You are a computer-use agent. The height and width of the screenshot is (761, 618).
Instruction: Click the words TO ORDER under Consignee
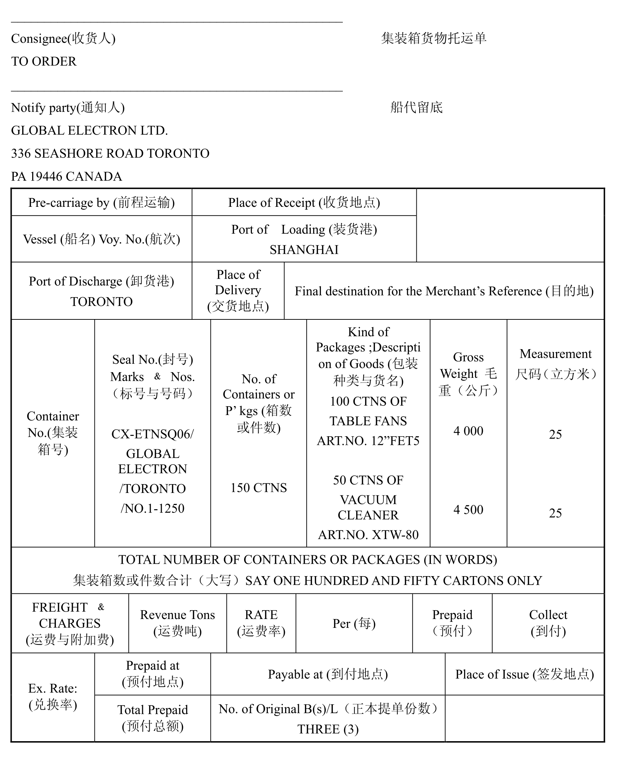[x=44, y=61]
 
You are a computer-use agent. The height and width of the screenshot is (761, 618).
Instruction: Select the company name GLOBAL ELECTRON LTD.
[x=89, y=130]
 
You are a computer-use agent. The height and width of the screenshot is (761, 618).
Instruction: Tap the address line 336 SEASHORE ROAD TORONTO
[x=110, y=153]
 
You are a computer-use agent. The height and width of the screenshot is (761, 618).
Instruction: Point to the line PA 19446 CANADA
[x=67, y=176]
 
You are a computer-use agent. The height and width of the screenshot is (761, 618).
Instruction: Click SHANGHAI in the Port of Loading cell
[x=304, y=250]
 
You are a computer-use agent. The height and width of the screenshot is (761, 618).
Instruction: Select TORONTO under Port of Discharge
[x=102, y=301]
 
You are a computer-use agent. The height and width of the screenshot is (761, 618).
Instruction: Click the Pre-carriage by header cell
[x=102, y=202]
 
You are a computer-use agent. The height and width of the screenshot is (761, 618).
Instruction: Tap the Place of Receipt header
[x=304, y=202]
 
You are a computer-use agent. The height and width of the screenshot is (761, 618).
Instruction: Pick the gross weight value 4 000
[x=468, y=431]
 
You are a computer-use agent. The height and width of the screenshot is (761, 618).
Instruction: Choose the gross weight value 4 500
[x=468, y=510]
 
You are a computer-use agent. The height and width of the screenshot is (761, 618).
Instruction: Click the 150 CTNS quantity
[x=259, y=487]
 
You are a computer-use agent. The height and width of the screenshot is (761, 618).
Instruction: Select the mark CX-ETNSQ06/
[x=152, y=434]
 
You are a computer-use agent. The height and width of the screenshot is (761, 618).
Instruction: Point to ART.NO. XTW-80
[x=368, y=534]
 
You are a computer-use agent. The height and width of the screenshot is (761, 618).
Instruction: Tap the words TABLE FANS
[x=368, y=421]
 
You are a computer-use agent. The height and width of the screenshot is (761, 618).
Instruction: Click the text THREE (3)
[x=328, y=729]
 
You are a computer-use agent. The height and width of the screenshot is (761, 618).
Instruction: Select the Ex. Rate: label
[x=53, y=688]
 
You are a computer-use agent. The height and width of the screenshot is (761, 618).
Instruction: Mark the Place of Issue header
[x=524, y=674]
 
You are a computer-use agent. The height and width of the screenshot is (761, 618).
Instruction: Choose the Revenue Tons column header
[x=177, y=623]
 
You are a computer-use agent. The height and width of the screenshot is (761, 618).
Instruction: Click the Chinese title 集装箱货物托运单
[x=434, y=38]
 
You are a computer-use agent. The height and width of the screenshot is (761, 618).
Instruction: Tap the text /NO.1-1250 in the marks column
[x=152, y=508]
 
